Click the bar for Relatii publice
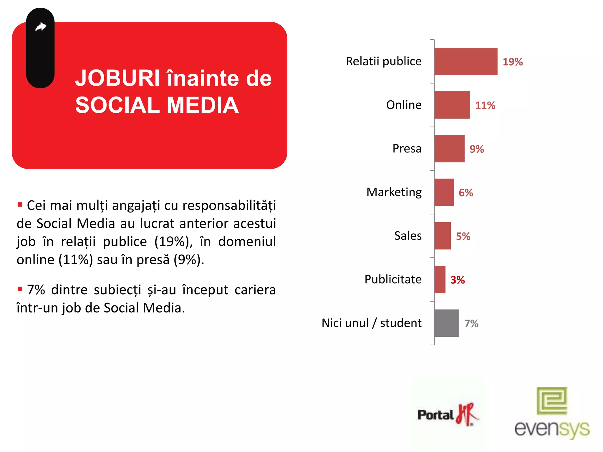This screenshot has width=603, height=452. point(465,62)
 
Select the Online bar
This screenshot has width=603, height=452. point(452,105)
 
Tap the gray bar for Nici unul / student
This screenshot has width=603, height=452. point(446,323)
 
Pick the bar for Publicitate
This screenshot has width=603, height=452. point(440,280)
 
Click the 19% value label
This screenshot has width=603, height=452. point(513,62)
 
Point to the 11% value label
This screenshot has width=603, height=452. point(485,105)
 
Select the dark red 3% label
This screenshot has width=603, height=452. point(458,280)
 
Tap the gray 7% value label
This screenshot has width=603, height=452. point(471,323)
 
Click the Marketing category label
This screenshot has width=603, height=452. point(394,192)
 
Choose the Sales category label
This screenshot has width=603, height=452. point(408,236)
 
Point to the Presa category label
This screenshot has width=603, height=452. point(407,148)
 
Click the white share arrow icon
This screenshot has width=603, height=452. point(41,27)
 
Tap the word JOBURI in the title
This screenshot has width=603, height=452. point(117,78)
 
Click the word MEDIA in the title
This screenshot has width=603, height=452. point(203,105)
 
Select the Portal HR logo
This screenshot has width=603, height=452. point(448,414)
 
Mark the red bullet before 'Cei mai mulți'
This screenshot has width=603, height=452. point(20,205)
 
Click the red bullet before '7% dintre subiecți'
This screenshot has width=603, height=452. point(20,289)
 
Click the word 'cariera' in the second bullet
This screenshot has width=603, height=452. point(255,290)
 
